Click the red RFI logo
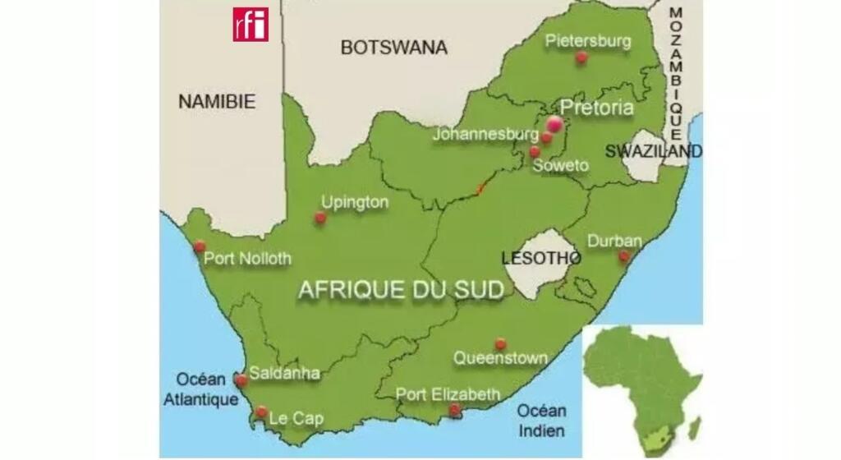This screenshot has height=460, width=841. point(250,24)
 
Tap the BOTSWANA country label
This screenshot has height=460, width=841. point(394,48)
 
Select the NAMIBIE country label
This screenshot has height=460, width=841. point(217,102)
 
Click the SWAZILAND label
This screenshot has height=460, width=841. point(654,151)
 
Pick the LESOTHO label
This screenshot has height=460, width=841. point(541,258)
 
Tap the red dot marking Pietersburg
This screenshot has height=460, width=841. point(581,57)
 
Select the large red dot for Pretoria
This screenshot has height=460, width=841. point(555,124)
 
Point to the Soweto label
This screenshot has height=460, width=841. point(561,166)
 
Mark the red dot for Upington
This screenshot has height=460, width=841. point(320,218)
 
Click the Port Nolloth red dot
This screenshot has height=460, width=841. point(200,246)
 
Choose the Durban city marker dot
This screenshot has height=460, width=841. point(624,256)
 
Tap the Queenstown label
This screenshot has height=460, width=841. point(500,358)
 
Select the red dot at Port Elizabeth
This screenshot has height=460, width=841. point(454,409)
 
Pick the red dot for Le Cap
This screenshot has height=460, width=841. point(261,412)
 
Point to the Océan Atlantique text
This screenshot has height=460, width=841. point(202,390)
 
